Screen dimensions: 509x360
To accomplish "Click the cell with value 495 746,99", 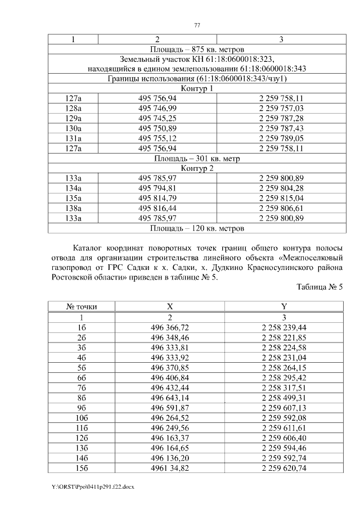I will point(157,108).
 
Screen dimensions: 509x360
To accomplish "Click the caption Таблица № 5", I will point(319,287).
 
